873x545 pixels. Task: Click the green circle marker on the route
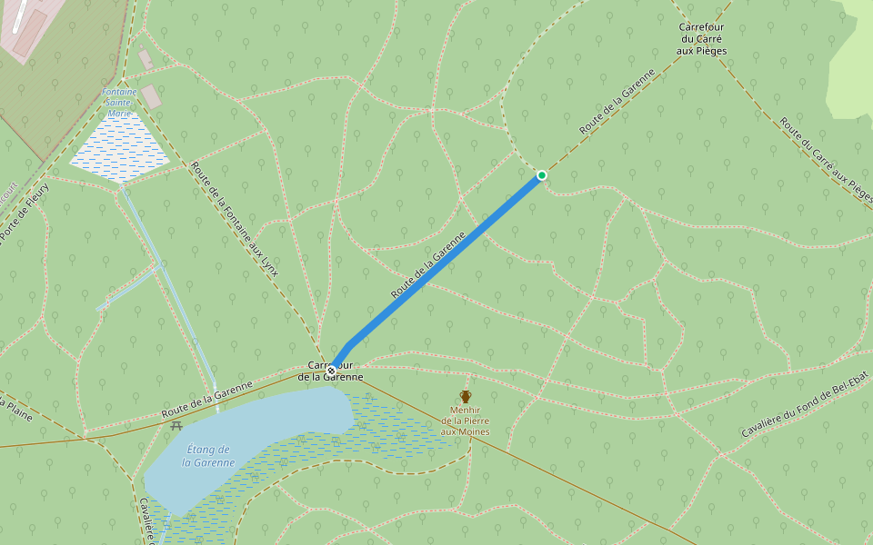542,175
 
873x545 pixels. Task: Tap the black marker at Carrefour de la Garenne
331,371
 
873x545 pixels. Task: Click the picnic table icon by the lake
176,424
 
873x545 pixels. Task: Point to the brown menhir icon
466,396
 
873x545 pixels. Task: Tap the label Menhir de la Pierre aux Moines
465,421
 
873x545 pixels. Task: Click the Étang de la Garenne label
208,456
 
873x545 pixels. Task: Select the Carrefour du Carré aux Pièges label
703,39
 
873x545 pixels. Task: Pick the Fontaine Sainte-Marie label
119,103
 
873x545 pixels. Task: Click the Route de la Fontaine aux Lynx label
235,218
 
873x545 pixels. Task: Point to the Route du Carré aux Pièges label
826,158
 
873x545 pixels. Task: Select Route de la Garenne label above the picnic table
206,401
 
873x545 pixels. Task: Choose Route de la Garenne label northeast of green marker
617,102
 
